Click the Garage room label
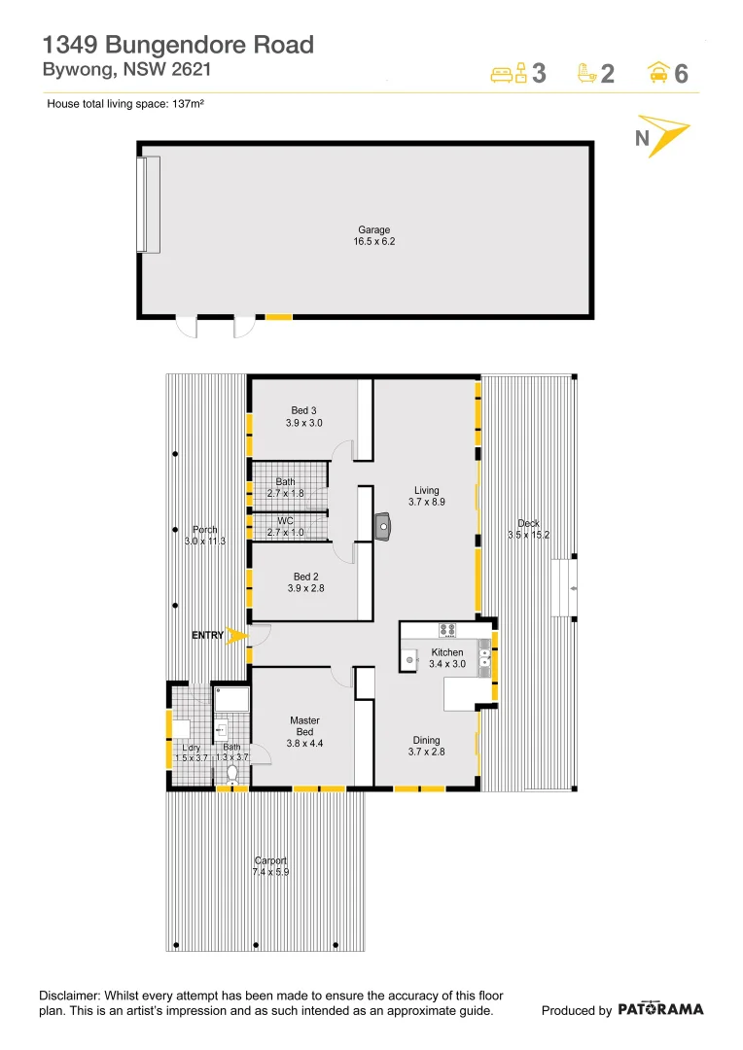(x=374, y=230)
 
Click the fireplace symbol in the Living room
(x=384, y=528)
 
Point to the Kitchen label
(x=447, y=652)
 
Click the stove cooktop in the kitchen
(x=447, y=630)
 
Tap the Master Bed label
(x=304, y=726)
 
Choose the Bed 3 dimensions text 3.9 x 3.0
(x=304, y=423)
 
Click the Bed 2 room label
(x=306, y=577)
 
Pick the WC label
(x=286, y=521)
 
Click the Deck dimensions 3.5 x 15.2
(x=529, y=535)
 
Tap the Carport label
(x=271, y=860)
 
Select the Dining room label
(x=426, y=740)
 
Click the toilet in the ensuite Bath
(x=231, y=773)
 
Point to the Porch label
(x=205, y=530)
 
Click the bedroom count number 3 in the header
(x=539, y=73)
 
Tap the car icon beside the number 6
(x=658, y=73)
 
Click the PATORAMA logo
(x=660, y=1009)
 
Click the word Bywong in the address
(x=74, y=69)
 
